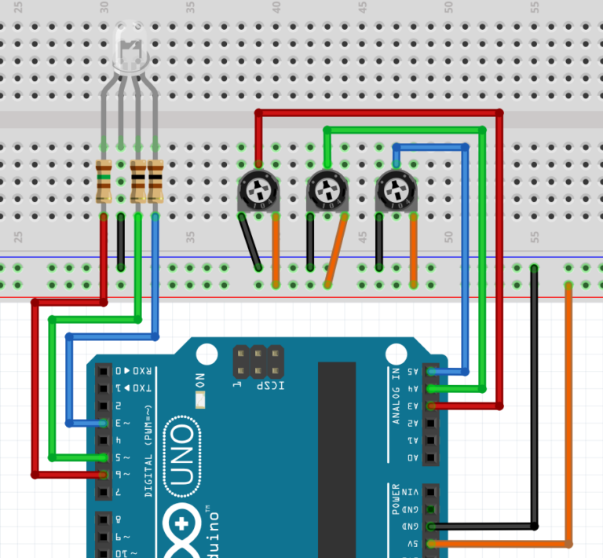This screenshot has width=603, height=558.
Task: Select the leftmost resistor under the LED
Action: pyautogui.click(x=103, y=181)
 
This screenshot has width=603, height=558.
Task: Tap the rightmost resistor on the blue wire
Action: pyautogui.click(x=155, y=181)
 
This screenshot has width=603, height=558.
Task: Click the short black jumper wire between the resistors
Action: pyautogui.click(x=120, y=241)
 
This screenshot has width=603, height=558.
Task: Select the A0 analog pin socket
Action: pyautogui.click(x=430, y=457)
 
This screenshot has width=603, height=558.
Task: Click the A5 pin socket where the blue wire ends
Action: pyautogui.click(x=430, y=371)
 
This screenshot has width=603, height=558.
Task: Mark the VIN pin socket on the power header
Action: pyautogui.click(x=430, y=492)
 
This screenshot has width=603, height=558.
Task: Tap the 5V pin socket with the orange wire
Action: pyautogui.click(x=430, y=544)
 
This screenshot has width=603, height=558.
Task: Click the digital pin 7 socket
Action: pyautogui.click(x=103, y=492)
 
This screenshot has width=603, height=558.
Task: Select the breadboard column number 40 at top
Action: pyautogui.click(x=276, y=7)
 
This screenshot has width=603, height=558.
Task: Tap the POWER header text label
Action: pyautogui.click(x=397, y=499)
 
